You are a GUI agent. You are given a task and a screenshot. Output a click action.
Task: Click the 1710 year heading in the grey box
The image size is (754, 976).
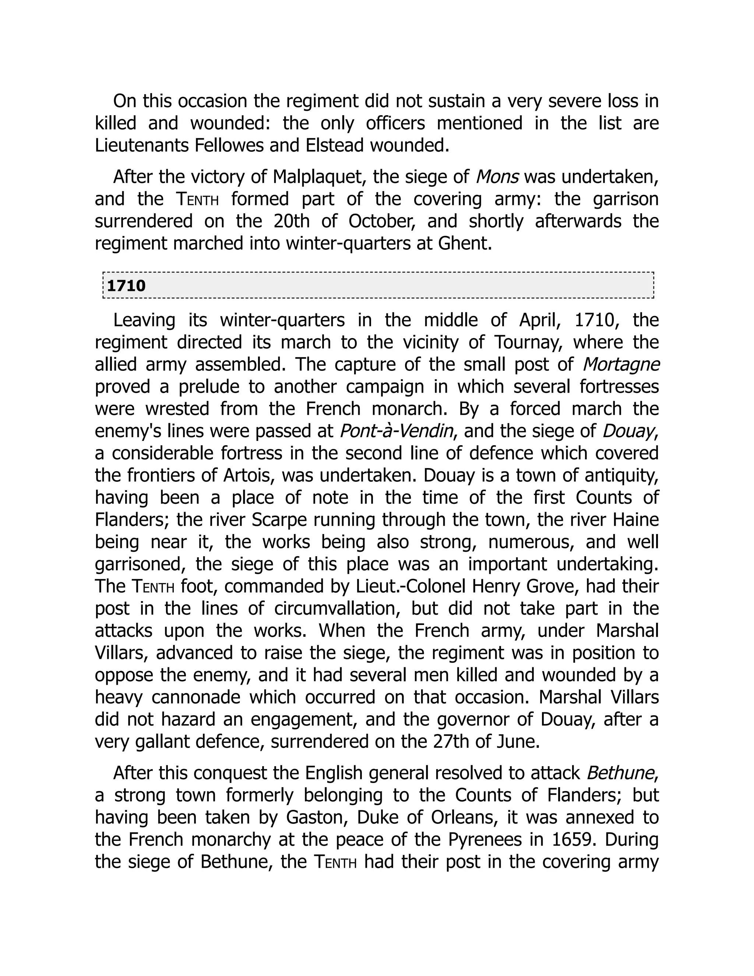click(126, 285)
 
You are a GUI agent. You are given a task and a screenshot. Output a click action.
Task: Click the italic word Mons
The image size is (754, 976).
click(497, 177)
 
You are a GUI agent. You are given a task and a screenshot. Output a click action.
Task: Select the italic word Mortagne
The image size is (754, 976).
click(621, 365)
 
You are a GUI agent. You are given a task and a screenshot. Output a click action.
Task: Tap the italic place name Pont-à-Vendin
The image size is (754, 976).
click(396, 431)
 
